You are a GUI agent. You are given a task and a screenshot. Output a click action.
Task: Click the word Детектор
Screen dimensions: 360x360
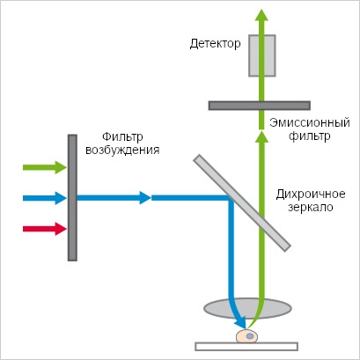coord(215,44)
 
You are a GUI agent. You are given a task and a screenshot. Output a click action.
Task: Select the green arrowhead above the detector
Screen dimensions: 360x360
coord(261,15)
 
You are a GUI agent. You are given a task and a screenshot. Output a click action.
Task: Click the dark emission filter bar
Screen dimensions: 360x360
coord(260,106)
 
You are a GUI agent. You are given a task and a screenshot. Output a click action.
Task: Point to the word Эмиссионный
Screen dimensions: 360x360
coord(310,122)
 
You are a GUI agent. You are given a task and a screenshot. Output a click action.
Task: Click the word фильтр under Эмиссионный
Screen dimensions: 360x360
coord(310,136)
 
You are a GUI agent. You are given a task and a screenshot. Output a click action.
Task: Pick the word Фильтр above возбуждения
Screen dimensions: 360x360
coord(122,137)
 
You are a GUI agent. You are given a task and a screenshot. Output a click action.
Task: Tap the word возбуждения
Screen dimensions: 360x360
coord(122,151)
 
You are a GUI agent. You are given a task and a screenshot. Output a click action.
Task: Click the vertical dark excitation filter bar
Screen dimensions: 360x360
coord(72,198)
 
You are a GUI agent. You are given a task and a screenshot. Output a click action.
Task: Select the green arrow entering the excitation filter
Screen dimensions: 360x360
coord(45,167)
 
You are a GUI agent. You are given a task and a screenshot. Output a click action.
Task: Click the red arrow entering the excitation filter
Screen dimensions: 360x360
coord(45,229)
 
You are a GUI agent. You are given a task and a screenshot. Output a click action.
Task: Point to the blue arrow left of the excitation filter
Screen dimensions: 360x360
coord(45,198)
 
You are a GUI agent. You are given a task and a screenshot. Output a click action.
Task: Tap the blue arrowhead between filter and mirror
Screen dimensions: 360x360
coord(145,198)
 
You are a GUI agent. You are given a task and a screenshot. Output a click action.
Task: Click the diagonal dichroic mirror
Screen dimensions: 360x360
coord(242,203)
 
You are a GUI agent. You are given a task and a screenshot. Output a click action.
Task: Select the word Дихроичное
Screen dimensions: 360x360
coord(311,195)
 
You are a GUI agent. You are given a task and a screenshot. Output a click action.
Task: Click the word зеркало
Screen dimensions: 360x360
coord(311,208)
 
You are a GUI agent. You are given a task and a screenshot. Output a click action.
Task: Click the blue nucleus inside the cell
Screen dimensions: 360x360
coord(250,336)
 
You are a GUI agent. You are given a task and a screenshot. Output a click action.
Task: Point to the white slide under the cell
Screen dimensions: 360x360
coord(246,347)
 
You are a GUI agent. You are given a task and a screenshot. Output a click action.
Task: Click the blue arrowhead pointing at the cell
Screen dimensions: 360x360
coord(241,323)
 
